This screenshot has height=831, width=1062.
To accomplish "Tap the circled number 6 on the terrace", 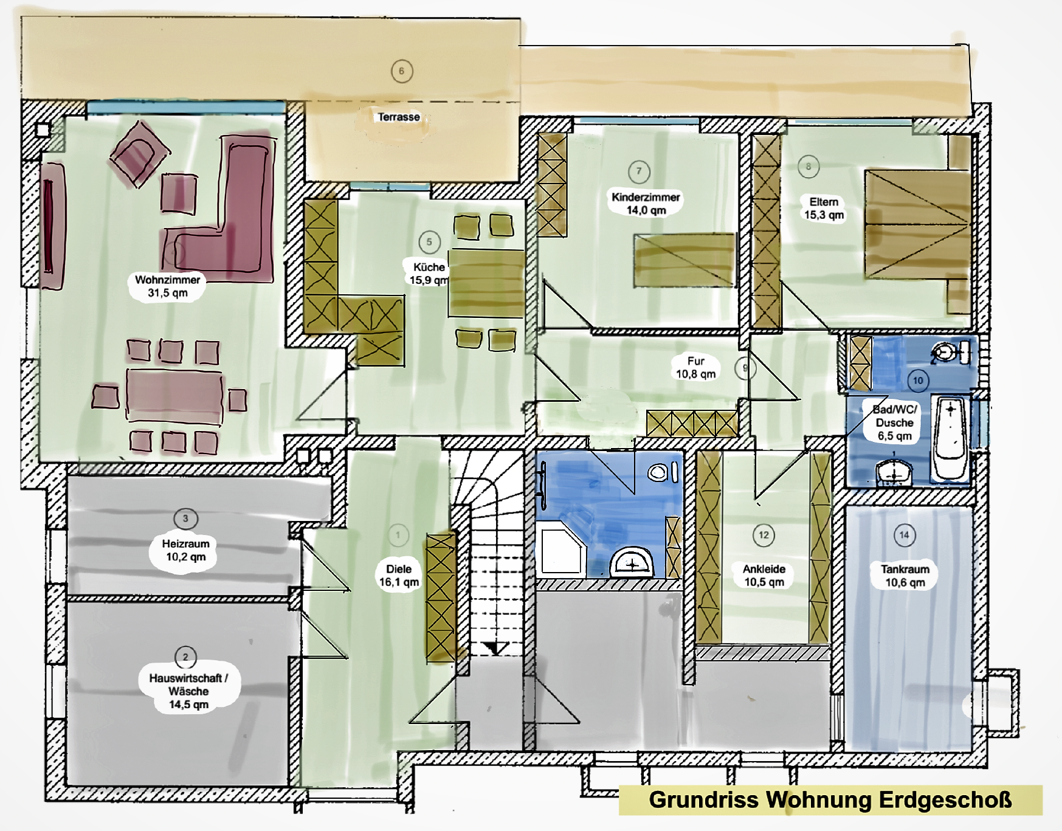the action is coord(402,71).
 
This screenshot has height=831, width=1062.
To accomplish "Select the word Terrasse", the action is coord(399,117).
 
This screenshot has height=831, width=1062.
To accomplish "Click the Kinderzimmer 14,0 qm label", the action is coord(646,204).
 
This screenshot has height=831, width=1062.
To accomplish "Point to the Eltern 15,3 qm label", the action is coord(824,208).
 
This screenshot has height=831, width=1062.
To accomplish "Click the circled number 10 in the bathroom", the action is coord(918,381).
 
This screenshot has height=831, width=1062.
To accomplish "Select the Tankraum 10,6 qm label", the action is coord(905,576).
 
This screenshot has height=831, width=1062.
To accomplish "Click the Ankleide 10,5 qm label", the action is coord(764,575).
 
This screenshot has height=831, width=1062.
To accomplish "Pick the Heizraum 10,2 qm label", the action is coord(185,550).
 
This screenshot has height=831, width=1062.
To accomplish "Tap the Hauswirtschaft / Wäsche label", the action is coord(188,691).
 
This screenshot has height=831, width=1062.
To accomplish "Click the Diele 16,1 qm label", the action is coord(399,575).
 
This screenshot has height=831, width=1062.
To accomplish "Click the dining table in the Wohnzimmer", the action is coord(174,395).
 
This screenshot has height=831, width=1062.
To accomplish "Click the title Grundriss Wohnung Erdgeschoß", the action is coord(830,799).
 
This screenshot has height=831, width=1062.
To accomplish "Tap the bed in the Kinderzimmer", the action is coord(684,260).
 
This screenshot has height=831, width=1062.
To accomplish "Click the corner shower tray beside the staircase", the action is coord(562,552).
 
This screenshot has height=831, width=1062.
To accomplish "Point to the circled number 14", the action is coord(905,535).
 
